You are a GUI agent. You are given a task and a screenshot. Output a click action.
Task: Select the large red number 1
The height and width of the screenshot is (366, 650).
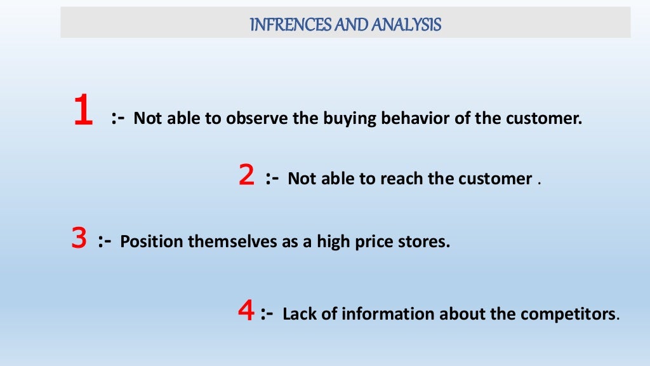click(x=83, y=112)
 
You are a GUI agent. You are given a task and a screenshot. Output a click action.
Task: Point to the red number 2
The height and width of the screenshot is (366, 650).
click(x=246, y=175)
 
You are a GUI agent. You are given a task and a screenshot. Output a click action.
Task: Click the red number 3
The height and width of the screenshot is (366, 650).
click(x=79, y=238)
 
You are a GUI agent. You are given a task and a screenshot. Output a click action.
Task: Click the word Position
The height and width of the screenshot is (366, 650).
click(x=145, y=242)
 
